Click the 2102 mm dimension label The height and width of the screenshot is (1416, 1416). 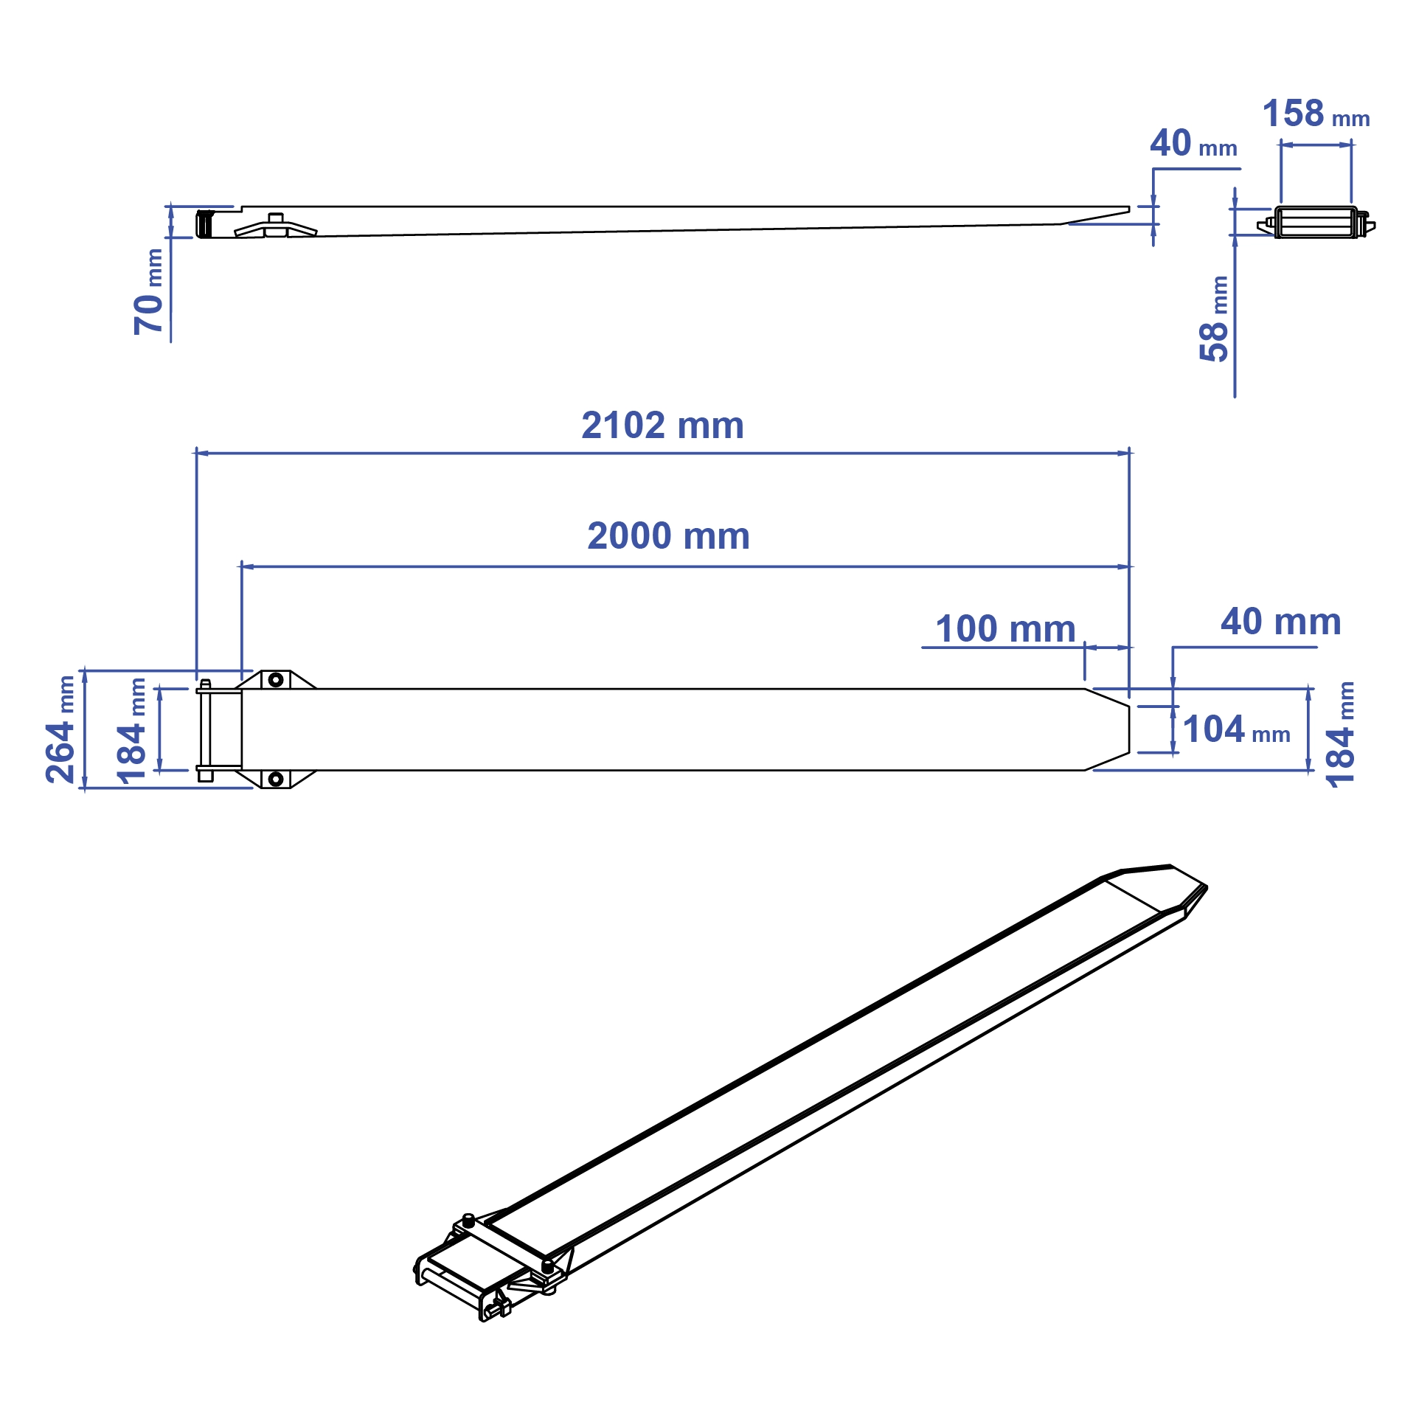click(x=662, y=426)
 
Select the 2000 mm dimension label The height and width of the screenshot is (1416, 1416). click(x=668, y=536)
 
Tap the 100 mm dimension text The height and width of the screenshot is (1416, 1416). click(x=1004, y=629)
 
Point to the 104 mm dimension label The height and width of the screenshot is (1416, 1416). click(x=1236, y=729)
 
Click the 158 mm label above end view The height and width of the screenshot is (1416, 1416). click(x=1316, y=114)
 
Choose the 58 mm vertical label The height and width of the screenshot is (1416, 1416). click(x=1214, y=319)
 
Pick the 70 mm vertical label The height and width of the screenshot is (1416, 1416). click(x=148, y=292)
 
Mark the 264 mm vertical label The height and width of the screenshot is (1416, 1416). click(x=60, y=729)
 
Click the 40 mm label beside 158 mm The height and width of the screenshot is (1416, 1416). click(x=1193, y=143)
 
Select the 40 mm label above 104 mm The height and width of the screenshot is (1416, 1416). click(x=1280, y=622)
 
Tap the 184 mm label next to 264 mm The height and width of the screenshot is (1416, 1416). click(x=131, y=729)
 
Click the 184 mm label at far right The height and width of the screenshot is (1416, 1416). click(x=1340, y=734)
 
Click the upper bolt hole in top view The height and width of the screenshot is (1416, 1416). click(x=276, y=679)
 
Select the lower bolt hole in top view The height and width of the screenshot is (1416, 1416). click(x=276, y=779)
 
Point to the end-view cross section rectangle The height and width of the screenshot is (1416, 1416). click(x=1316, y=223)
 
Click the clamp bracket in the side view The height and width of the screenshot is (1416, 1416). click(x=276, y=226)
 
